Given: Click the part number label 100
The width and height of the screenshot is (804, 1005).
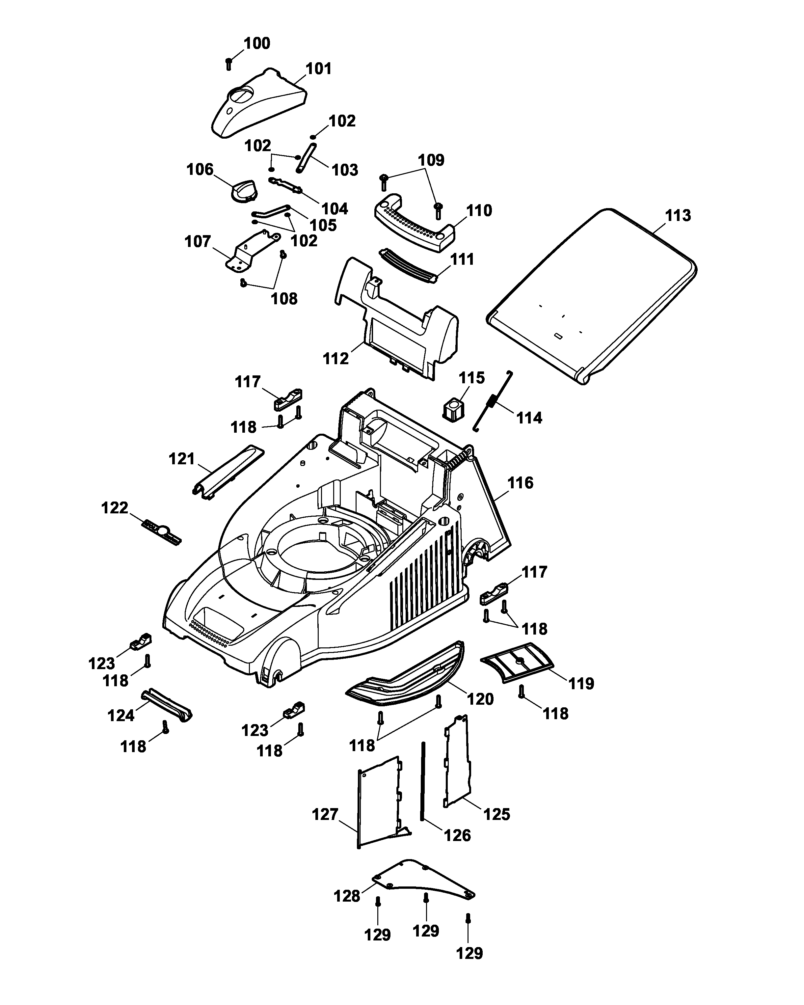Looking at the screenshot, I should coord(257,43).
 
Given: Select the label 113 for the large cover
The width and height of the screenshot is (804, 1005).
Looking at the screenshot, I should coord(678,215).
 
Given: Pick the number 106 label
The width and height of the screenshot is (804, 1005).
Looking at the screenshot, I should coord(200,169).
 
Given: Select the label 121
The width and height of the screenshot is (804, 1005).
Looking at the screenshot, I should coord(181,459).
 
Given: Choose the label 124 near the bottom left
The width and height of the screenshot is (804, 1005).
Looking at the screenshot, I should coord(121,715).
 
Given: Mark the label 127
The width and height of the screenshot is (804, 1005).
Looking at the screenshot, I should coord(325,814).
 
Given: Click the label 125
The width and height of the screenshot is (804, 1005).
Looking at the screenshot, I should coord(497,814).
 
